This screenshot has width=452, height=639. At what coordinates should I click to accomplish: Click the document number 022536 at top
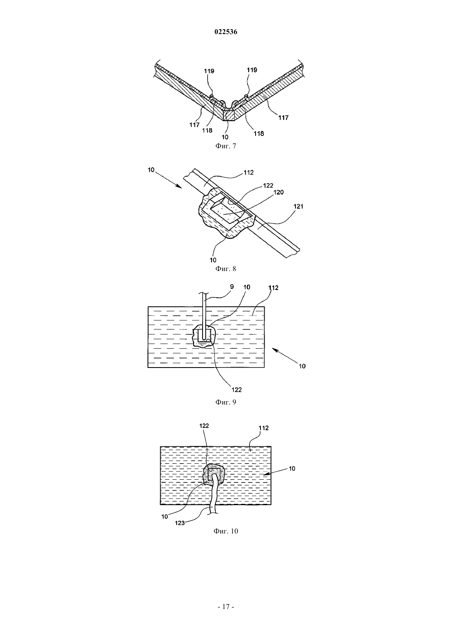click(226, 32)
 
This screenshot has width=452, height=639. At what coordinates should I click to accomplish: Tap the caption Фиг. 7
click(226, 146)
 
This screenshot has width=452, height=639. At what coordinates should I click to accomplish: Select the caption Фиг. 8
click(226, 269)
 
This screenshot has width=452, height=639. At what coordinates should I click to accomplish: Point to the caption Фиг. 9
click(226, 402)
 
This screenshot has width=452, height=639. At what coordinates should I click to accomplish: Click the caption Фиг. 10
click(226, 531)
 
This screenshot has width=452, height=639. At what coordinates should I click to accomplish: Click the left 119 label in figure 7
click(209, 71)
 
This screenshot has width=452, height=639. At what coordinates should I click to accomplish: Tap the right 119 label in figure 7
click(252, 70)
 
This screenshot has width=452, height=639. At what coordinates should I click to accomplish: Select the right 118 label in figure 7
click(259, 133)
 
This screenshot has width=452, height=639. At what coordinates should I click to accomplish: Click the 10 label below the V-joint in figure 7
click(225, 137)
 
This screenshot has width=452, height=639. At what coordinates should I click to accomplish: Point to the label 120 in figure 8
click(279, 192)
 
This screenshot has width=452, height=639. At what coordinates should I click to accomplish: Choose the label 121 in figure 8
click(298, 206)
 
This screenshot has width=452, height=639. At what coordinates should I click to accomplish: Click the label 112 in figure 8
click(249, 172)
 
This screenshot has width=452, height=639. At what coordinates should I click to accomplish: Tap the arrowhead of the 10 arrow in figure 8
click(180, 187)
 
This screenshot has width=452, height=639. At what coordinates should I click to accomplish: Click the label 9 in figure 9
click(232, 287)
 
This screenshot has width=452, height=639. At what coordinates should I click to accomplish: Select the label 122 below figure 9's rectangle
click(237, 389)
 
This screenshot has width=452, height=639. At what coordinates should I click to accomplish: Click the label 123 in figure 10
click(180, 523)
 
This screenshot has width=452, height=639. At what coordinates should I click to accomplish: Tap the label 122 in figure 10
click(204, 425)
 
